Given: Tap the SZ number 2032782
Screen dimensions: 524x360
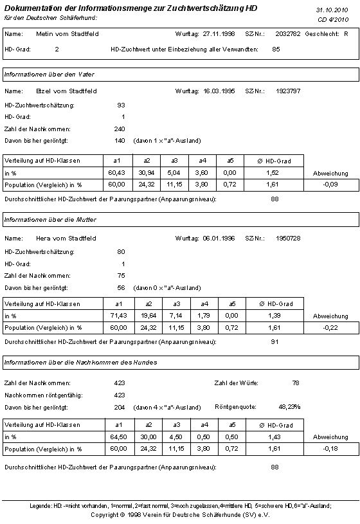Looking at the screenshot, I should (x=287, y=33).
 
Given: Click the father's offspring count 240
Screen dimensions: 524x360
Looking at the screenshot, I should (x=119, y=129).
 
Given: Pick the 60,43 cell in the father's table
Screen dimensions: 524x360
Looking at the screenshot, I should (x=116, y=172).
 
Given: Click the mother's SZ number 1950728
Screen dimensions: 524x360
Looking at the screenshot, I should (x=287, y=239).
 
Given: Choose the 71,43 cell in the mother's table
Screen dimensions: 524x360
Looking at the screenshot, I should (x=116, y=316).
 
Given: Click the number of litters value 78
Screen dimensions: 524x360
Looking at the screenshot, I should (x=296, y=383).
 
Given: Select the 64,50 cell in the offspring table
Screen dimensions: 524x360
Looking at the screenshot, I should (x=116, y=437).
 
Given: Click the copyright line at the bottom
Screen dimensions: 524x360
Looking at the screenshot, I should (x=179, y=514).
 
